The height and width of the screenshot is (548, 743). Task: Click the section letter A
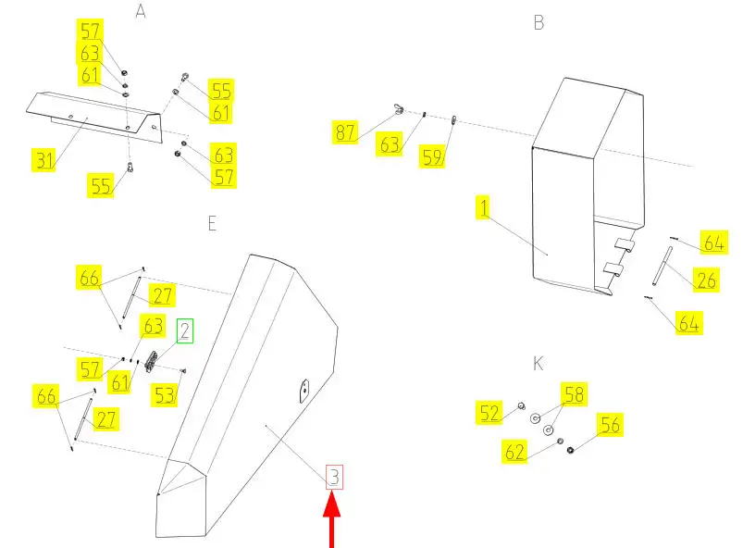pyautogui.click(x=141, y=10)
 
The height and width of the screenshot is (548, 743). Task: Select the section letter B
pyautogui.click(x=539, y=23)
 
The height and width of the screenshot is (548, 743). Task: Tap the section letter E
pyautogui.click(x=212, y=223)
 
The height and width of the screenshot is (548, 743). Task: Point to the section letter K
pyautogui.click(x=538, y=364)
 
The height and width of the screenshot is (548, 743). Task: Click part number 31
pyautogui.click(x=44, y=160)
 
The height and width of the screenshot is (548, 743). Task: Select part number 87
pyautogui.click(x=345, y=131)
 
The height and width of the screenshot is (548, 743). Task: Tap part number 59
pyautogui.click(x=432, y=157)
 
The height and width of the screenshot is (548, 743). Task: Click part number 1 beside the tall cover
pyautogui.click(x=483, y=208)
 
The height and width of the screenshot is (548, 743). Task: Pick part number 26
pyautogui.click(x=707, y=280)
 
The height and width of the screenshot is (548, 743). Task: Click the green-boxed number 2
pyautogui.click(x=185, y=330)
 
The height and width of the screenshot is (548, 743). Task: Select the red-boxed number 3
pyautogui.click(x=334, y=477)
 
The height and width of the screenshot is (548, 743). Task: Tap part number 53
pyautogui.click(x=165, y=395)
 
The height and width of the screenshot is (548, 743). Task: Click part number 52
pyautogui.click(x=489, y=413)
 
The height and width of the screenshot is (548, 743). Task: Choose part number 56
pyautogui.click(x=610, y=425)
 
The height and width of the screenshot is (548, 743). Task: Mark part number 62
pyautogui.click(x=514, y=452)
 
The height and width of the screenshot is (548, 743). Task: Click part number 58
pyautogui.click(x=575, y=394)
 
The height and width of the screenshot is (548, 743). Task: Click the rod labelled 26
pyautogui.click(x=663, y=266)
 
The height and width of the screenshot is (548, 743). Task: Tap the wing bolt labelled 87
pyautogui.click(x=398, y=109)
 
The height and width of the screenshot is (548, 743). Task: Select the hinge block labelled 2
pyautogui.click(x=151, y=362)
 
